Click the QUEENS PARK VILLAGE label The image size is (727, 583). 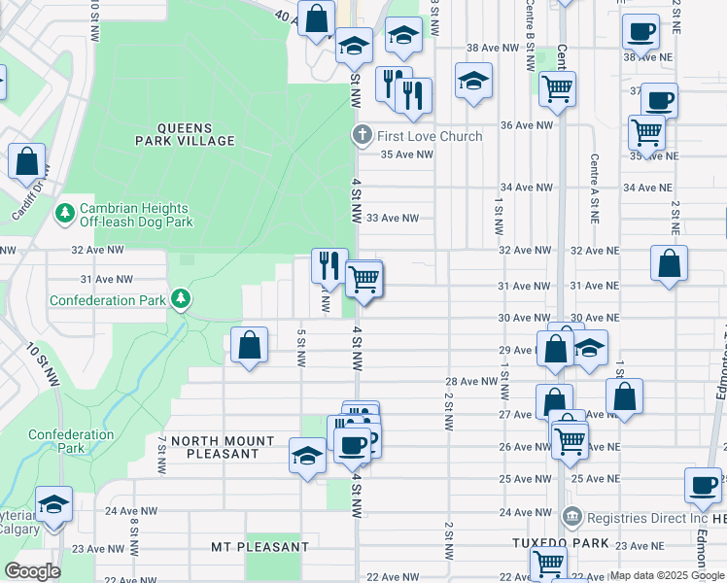[x=184, y=134]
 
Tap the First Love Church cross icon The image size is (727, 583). [x=362, y=135]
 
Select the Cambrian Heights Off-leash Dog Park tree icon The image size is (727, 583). [x=65, y=212]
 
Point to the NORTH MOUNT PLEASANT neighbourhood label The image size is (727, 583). [x=215, y=447]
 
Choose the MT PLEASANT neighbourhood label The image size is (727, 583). [x=260, y=547]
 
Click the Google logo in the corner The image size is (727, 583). [x=32, y=570]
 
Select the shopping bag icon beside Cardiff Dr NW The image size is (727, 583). [x=27, y=161]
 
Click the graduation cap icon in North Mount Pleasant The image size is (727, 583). [x=307, y=455]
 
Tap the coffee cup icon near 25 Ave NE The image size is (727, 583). [x=702, y=484]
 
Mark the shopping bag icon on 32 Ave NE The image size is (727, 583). [x=669, y=263]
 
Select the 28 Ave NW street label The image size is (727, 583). [x=470, y=382]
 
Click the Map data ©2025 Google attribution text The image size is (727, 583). [x=667, y=575]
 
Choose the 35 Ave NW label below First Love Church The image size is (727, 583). [x=406, y=154]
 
